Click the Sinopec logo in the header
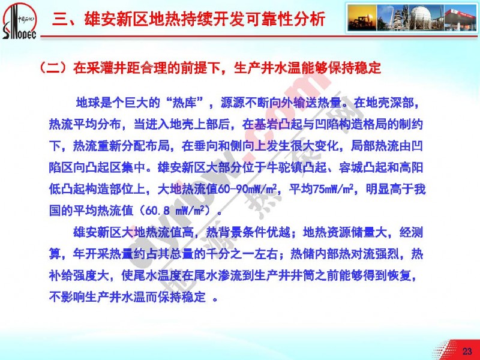coord(19,21)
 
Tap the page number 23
coord(467,351)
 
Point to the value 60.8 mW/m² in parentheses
coord(178,211)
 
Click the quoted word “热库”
coord(187,103)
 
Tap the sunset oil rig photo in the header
coord(362,17)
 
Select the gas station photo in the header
coord(460,17)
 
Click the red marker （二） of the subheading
coord(55,68)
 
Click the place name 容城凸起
coord(362,168)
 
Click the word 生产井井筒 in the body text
coord(284,276)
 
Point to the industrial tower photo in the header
coord(394,17)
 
